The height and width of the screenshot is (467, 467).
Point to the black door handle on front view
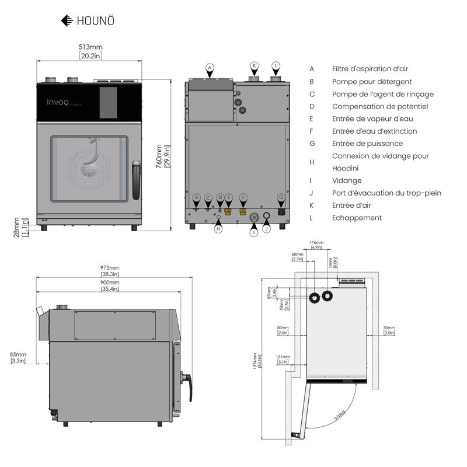(137, 179)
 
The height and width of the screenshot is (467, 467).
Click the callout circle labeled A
(210, 67)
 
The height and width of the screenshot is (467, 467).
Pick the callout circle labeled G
(281, 197)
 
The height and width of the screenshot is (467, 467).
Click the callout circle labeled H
(218, 229)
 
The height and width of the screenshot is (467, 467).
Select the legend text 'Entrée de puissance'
(367, 144)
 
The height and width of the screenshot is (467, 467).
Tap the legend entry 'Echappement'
(357, 218)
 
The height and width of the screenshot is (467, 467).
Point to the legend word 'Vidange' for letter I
(347, 181)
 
